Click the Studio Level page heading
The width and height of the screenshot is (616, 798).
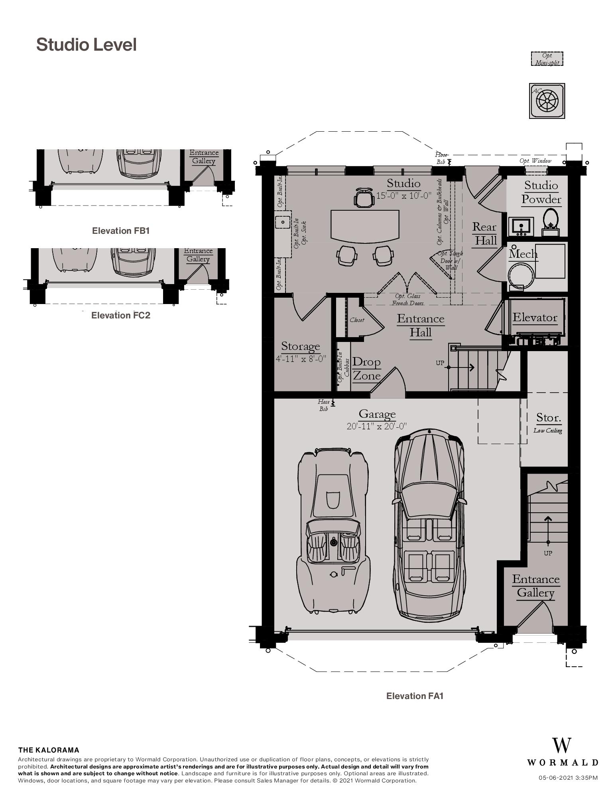[87, 45]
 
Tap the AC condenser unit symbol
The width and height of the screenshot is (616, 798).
[547, 101]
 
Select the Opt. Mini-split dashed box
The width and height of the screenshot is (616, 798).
[547, 59]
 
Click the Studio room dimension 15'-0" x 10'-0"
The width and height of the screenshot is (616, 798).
[404, 196]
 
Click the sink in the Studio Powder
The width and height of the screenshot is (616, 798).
[521, 226]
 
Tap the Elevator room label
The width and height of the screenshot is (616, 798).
[535, 318]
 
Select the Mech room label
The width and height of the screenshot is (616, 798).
[523, 254]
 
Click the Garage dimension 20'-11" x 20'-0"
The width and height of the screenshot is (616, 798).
[377, 426]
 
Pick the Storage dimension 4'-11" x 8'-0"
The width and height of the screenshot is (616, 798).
[301, 358]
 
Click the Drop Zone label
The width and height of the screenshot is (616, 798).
[366, 369]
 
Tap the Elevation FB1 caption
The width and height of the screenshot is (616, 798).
[120, 231]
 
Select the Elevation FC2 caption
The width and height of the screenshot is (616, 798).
[120, 315]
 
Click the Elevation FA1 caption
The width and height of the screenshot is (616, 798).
[415, 696]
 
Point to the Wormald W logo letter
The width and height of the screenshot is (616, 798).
[561, 746]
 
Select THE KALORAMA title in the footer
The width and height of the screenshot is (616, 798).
[49, 750]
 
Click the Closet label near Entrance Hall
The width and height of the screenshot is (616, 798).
[356, 320]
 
